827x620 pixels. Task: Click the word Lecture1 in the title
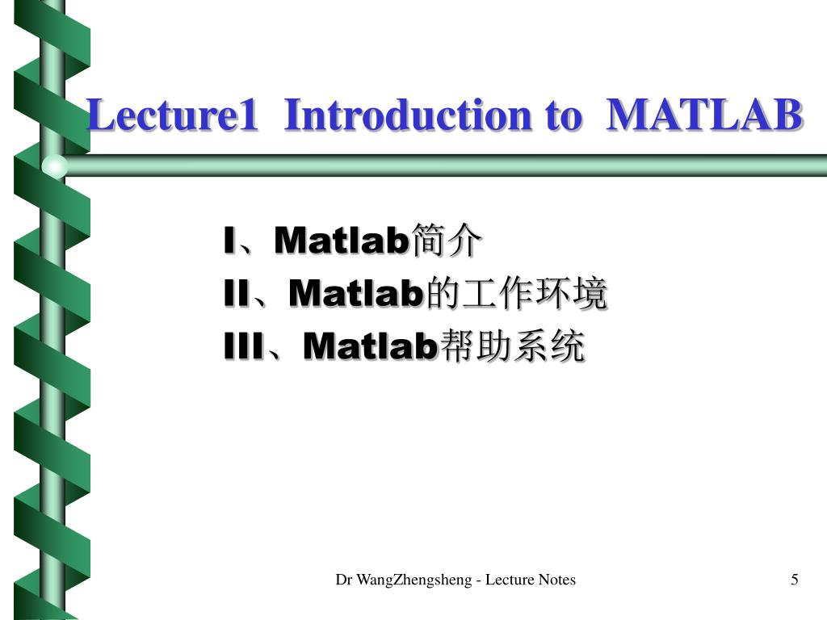point(173,115)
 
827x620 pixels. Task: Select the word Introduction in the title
point(409,115)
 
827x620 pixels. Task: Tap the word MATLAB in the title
point(704,115)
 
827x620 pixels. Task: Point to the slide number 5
point(795,580)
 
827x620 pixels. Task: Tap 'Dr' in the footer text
point(344,580)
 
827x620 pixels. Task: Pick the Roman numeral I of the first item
point(229,241)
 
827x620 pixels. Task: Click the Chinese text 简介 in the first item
point(447,241)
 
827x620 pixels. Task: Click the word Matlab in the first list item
point(342,241)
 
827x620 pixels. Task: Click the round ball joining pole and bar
point(54,165)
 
